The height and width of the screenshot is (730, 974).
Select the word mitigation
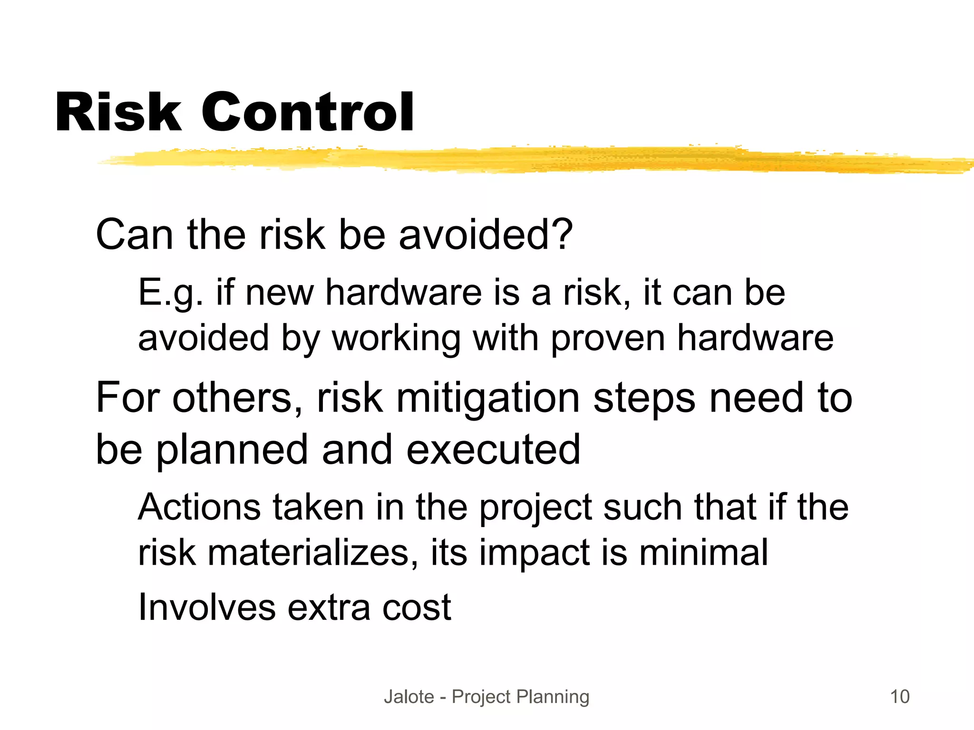487,398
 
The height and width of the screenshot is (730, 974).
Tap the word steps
644,398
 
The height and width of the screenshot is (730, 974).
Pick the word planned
232,450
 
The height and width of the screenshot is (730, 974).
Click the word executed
493,449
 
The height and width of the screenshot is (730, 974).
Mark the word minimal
703,552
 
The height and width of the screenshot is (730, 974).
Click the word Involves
207,607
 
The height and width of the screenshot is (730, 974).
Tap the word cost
417,608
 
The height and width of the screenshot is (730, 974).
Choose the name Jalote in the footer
409,697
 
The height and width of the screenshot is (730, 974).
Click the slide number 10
899,697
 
